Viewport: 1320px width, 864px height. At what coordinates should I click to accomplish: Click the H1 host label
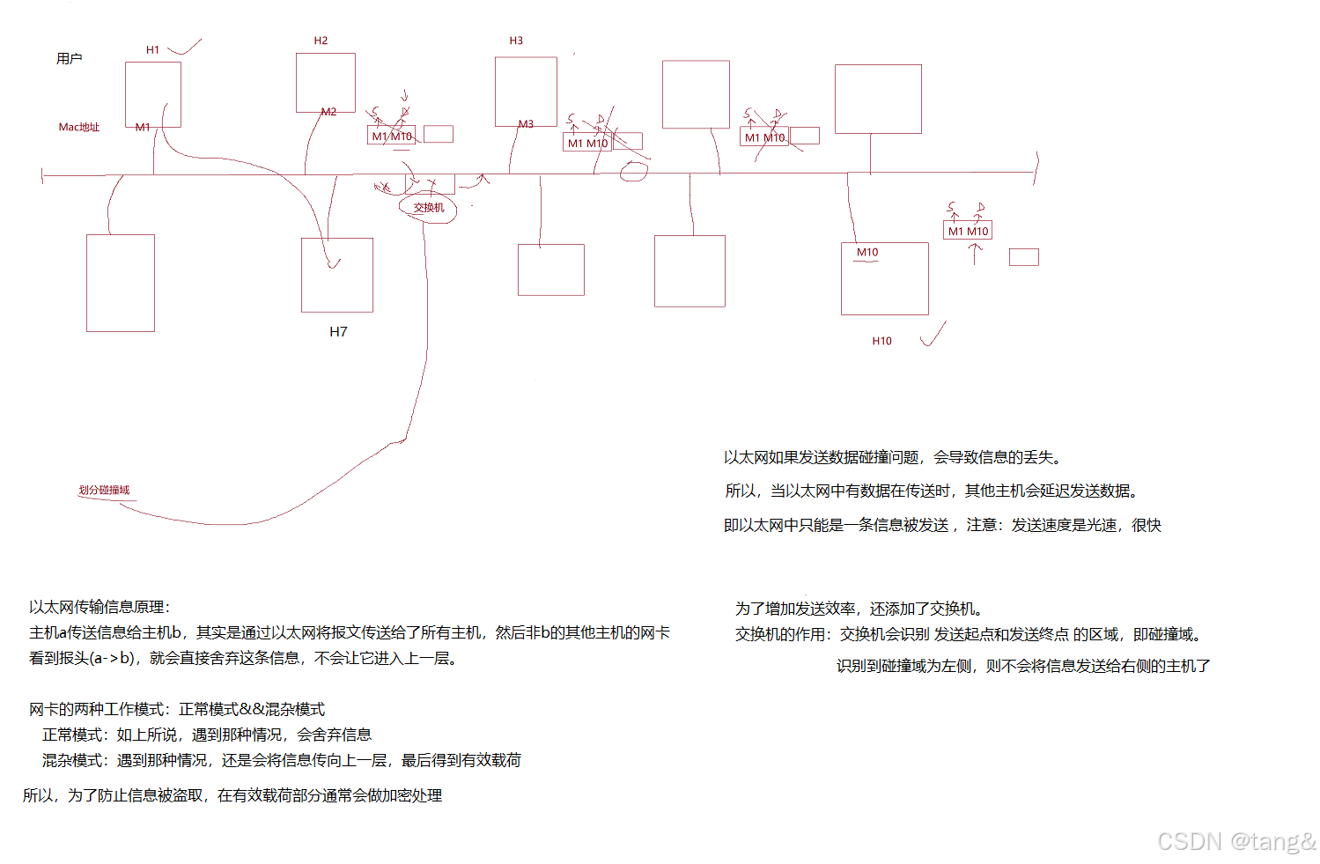(x=153, y=50)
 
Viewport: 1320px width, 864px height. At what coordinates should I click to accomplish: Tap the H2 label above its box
(x=321, y=41)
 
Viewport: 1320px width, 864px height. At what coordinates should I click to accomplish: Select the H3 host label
(x=516, y=41)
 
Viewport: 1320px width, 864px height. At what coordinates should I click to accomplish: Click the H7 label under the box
(x=338, y=332)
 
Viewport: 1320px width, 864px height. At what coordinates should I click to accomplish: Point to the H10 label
(x=881, y=341)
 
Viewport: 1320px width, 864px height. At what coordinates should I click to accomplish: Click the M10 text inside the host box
(x=867, y=253)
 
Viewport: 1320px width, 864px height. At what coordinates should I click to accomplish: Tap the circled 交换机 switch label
(x=429, y=208)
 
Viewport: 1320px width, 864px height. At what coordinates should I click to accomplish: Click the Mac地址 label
(x=79, y=127)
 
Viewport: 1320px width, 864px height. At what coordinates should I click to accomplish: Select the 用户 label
(x=70, y=59)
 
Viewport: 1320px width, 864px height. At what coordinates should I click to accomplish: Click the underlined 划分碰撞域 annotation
(x=104, y=490)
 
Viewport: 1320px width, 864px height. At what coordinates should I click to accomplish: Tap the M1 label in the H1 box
(x=143, y=128)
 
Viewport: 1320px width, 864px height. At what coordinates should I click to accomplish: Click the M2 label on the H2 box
(x=328, y=112)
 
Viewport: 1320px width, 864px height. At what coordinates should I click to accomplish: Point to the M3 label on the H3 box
(x=526, y=124)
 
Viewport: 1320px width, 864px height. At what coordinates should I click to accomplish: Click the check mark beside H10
(x=933, y=336)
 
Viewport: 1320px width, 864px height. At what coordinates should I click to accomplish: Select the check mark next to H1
(x=186, y=47)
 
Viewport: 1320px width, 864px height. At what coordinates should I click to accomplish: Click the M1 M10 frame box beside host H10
(x=968, y=231)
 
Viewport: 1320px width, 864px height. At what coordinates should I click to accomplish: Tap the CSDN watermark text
(x=1235, y=841)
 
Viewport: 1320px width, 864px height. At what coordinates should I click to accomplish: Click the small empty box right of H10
(x=1023, y=257)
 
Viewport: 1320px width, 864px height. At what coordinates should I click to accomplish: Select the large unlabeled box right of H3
(x=696, y=94)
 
